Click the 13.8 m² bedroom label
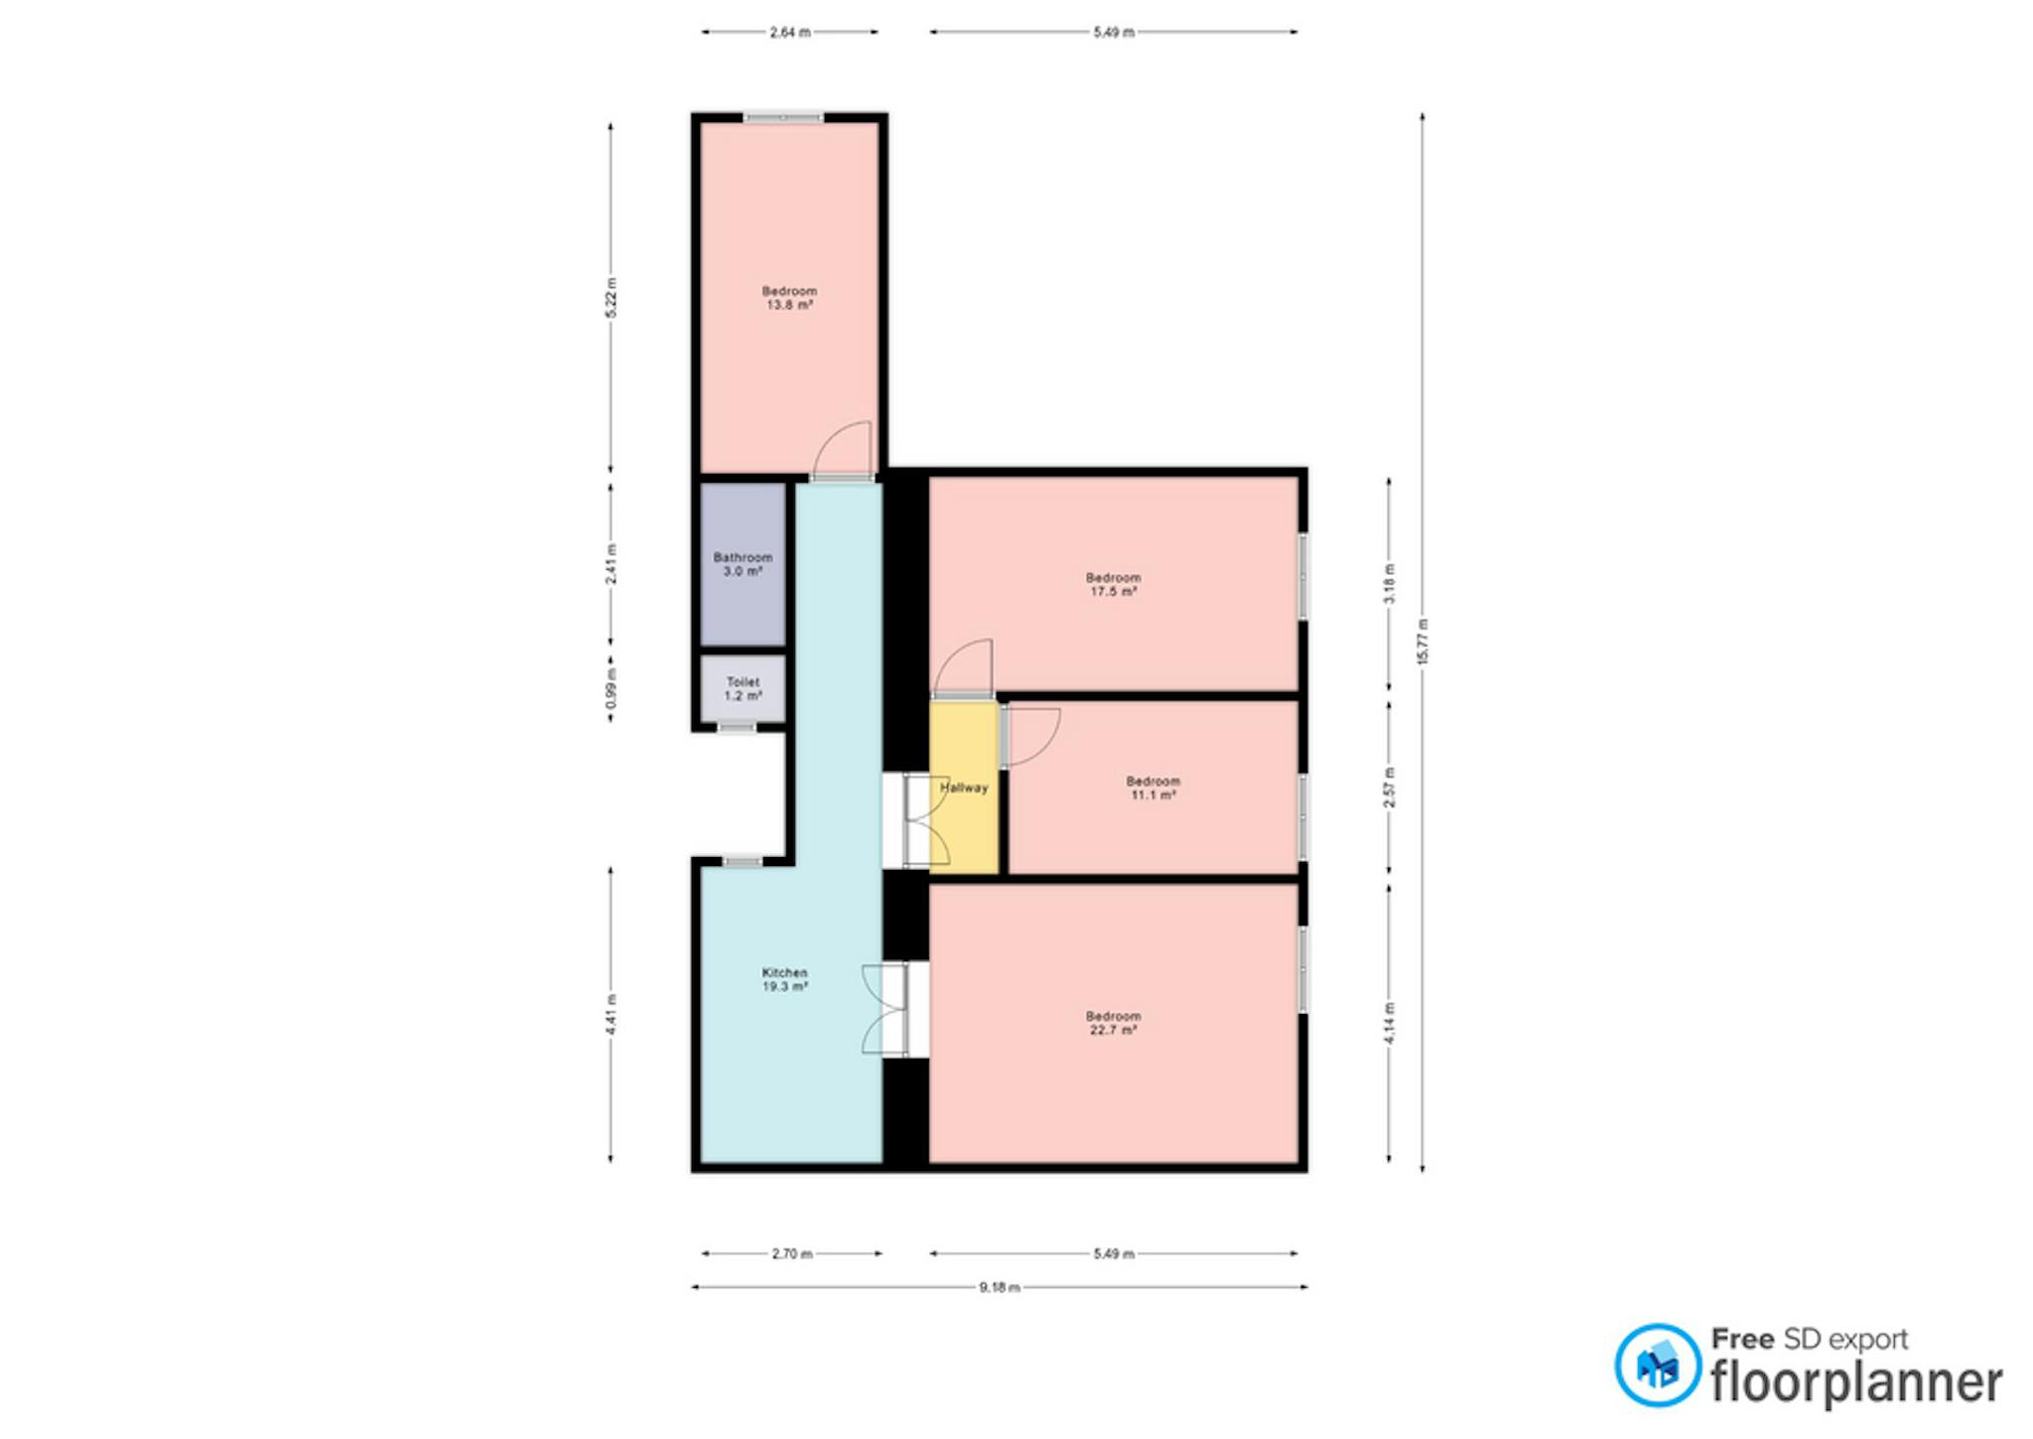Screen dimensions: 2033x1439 789,298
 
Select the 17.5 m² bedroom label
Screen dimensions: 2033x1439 1113,584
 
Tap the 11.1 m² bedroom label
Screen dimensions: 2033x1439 1153,788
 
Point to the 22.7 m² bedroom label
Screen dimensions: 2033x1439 1113,1023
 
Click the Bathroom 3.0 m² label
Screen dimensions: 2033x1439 743,564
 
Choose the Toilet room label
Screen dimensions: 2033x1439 743,689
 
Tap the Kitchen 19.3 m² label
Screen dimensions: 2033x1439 784,979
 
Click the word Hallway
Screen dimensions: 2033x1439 964,788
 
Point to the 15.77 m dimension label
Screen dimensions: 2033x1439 1423,642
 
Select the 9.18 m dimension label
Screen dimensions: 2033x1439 1000,1287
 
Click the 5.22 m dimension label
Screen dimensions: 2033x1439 610,298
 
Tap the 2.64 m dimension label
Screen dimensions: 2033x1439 790,32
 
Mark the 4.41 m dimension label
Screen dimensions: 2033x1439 610,1014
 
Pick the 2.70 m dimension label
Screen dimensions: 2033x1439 792,1253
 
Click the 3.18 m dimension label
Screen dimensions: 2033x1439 1389,583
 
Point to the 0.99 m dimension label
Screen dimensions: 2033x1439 610,688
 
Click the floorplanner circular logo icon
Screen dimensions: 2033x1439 1658,1365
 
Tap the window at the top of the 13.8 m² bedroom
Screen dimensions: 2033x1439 783,117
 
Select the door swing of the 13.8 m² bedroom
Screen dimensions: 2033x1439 843,451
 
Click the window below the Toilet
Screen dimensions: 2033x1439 737,728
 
